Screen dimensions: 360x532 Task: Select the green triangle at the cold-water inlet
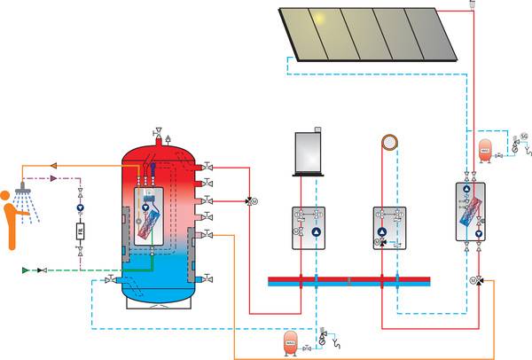27,269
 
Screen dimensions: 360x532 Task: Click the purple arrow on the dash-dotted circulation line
55,178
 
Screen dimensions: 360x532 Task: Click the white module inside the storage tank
156,216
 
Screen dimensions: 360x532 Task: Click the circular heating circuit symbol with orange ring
388,145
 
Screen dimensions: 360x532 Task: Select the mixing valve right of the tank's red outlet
251,200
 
